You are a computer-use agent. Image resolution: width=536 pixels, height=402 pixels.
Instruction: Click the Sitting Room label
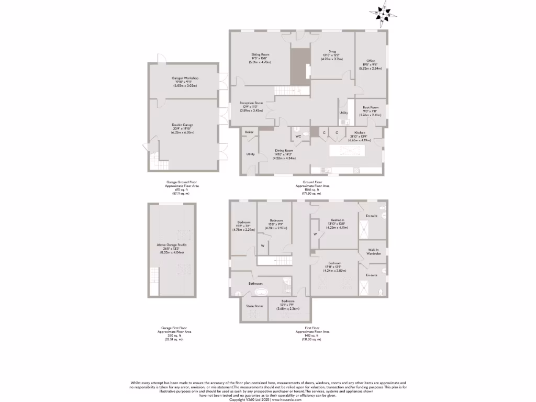click(260, 54)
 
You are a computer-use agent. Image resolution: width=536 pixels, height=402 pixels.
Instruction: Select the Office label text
click(371, 61)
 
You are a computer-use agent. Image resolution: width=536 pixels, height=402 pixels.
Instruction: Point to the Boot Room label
click(371, 107)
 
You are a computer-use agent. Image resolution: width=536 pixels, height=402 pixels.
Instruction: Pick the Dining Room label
click(285, 150)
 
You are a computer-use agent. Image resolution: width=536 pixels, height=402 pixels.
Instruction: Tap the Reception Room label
click(251, 103)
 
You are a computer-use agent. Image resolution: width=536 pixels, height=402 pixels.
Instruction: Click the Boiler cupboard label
click(249, 132)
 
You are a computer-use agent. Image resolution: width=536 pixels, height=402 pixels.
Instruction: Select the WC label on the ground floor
click(298, 137)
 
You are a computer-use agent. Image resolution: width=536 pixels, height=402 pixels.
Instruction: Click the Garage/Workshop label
click(185, 78)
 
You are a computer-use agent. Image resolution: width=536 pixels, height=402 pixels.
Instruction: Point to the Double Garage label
click(183, 125)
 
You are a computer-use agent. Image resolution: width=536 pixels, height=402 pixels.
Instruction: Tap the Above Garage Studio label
click(172, 244)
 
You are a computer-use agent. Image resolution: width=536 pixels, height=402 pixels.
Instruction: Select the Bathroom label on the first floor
click(255, 283)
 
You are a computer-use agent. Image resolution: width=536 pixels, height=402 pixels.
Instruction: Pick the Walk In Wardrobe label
click(374, 252)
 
